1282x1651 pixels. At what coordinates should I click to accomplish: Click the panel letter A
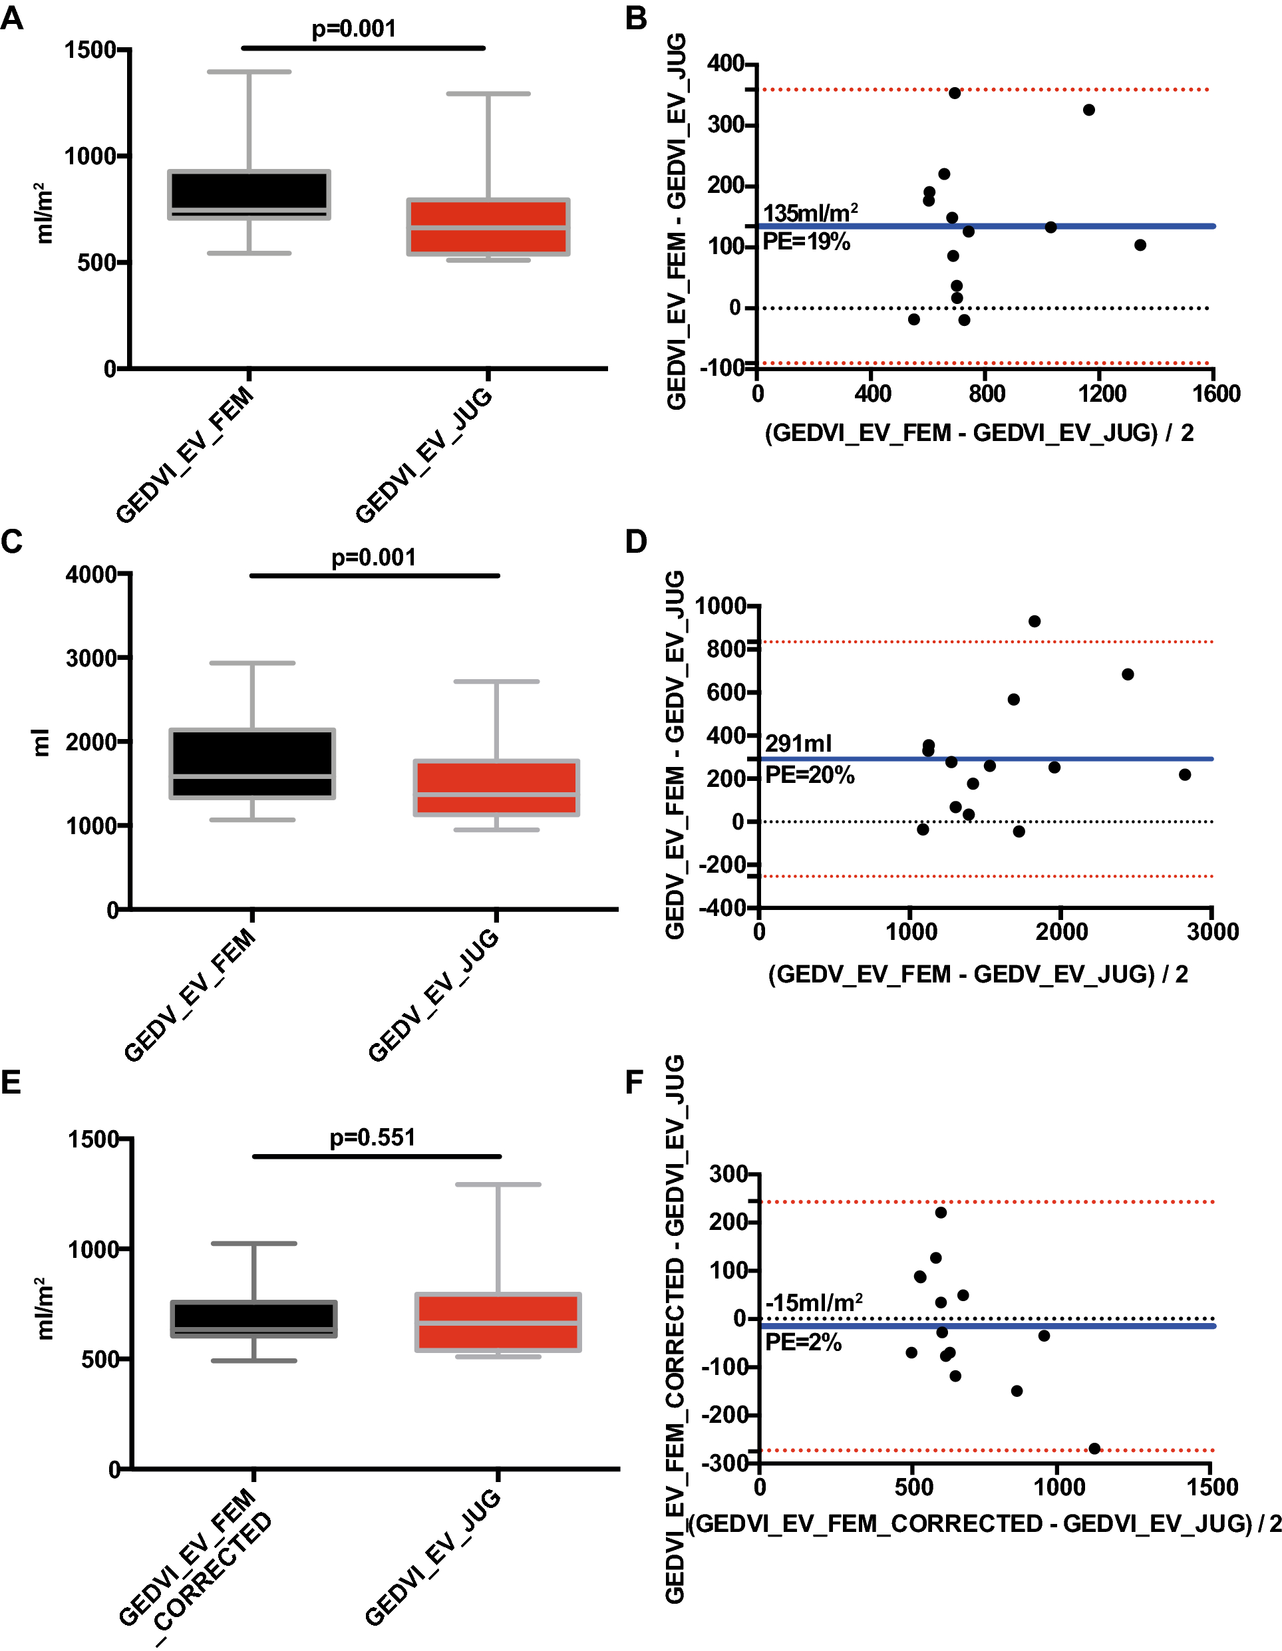coord(12,17)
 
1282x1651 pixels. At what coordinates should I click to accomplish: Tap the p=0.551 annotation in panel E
coord(373,1137)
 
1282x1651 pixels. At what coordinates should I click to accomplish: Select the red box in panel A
coord(488,227)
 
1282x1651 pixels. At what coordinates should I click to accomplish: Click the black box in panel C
coord(252,764)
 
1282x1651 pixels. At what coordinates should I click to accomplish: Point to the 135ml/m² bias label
coord(810,213)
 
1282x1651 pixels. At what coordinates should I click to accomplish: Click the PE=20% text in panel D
coord(810,775)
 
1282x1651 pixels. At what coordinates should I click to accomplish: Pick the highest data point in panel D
coord(1034,621)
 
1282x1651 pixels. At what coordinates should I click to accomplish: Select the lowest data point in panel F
coord(1094,1448)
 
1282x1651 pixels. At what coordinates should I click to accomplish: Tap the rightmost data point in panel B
coord(1140,245)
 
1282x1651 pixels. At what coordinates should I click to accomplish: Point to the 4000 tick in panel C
coord(90,575)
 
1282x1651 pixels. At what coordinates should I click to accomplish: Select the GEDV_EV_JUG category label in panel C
coord(434,996)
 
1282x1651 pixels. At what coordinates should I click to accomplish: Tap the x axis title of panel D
coord(978,975)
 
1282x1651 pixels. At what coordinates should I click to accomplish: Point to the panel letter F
coord(634,1082)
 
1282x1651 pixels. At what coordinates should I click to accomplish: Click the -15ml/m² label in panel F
coord(814,1302)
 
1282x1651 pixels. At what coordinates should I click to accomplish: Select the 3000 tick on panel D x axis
coord(1212,931)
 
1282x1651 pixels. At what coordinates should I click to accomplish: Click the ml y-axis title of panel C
coord(41,742)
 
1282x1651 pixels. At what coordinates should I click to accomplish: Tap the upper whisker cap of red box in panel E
coord(498,1185)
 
